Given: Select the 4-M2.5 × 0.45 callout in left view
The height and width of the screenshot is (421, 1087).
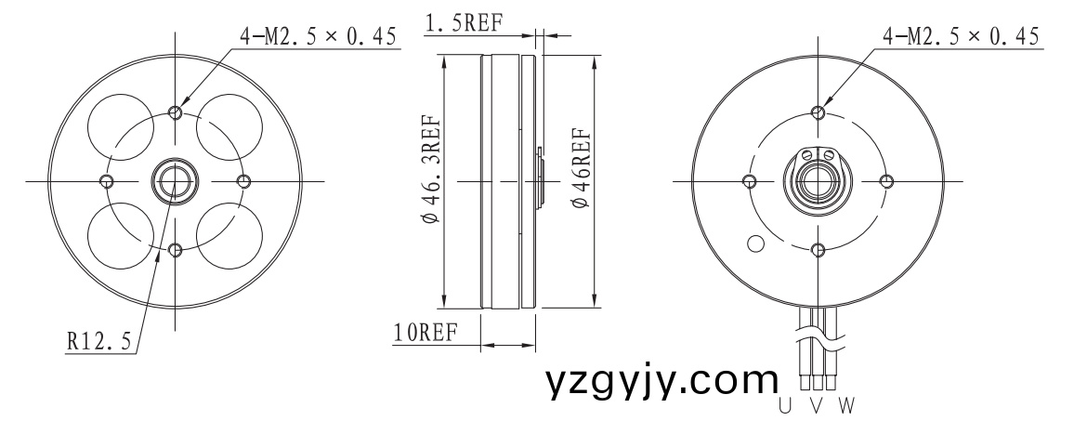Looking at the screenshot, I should [318, 36].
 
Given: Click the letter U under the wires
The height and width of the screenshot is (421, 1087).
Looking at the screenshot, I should [785, 405].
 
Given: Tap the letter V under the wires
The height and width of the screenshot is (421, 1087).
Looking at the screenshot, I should [817, 405].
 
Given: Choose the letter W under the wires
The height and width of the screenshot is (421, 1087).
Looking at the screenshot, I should [847, 405].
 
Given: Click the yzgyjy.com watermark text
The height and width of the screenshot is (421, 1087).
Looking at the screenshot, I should [661, 381].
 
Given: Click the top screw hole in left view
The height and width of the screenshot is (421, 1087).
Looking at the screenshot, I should [176, 112].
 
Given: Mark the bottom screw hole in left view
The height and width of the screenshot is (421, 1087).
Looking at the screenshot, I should [176, 248].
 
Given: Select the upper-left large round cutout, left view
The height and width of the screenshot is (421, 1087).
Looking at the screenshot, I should [123, 128].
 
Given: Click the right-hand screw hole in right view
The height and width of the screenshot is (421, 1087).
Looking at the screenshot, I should [885, 181].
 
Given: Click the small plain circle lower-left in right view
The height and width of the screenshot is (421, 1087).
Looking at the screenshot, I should [755, 244].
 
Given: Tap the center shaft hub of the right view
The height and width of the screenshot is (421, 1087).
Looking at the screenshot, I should [817, 180].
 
